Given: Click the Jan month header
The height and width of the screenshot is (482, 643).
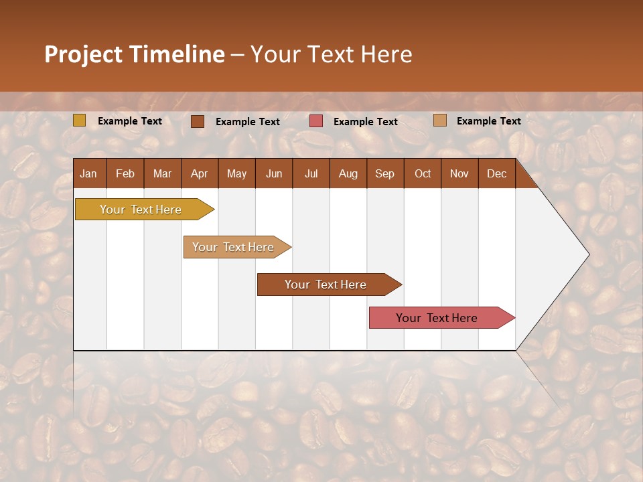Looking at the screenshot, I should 88,173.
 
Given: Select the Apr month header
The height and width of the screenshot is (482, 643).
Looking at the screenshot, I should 199,173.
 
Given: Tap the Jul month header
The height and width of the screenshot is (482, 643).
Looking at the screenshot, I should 311,173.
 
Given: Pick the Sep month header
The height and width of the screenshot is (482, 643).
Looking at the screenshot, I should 384,173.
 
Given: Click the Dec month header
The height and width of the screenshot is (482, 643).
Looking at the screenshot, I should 496,173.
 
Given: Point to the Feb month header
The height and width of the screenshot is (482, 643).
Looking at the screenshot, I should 125,173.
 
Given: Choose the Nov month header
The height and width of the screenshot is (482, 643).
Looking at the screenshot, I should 459,173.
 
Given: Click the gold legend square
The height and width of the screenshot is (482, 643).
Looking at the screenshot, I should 79,120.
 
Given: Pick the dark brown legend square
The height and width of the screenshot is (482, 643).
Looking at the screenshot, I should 197,121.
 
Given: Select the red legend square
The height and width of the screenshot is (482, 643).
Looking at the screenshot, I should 316,121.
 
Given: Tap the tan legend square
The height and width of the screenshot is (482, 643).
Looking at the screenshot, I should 439,120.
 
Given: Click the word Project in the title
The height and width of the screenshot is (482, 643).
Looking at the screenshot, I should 84,54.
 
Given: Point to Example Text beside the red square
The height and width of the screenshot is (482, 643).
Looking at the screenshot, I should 365,122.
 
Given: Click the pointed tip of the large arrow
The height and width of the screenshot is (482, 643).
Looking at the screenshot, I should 587,254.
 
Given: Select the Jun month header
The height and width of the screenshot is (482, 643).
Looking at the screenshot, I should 273,173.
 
